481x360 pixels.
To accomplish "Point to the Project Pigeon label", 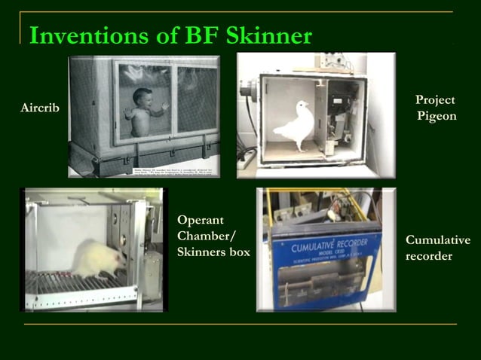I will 436,108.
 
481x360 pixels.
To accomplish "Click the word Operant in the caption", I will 201,220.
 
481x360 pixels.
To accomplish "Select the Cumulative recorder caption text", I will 437,248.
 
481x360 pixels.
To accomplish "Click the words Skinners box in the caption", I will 213,252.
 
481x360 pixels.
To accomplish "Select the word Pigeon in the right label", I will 437,117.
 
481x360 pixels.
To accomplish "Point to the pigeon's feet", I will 300,148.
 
